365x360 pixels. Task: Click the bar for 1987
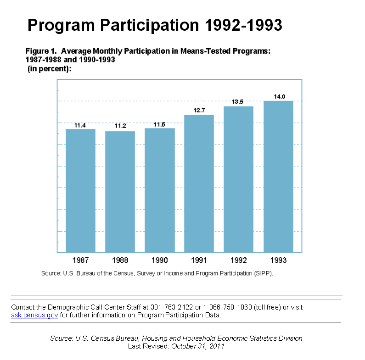pos(80,190)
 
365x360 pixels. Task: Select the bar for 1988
pos(120,192)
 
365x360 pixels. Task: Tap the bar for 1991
pos(199,183)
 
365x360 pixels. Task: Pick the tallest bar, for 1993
pos(278,177)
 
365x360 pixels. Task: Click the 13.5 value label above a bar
pos(238,102)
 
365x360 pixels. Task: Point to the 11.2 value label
pos(120,126)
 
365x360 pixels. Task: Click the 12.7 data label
pos(199,110)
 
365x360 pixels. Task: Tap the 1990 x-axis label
pos(159,260)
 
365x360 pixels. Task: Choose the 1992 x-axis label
pos(239,260)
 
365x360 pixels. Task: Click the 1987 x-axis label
pos(80,260)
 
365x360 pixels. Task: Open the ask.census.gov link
pos(34,316)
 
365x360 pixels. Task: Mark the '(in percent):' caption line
pos(50,69)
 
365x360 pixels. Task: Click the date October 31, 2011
pos(197,346)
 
